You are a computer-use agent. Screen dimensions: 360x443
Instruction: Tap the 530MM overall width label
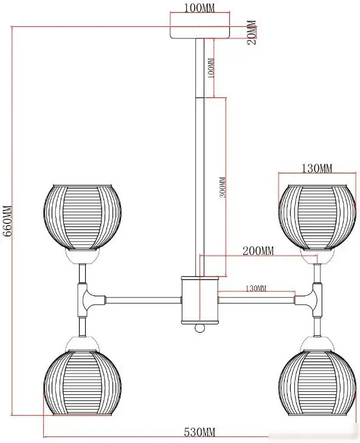[199, 432]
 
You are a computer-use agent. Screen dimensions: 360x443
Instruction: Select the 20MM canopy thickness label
[252, 33]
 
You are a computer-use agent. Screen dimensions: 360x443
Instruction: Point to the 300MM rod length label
[223, 187]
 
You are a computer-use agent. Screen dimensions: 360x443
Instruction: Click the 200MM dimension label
[258, 251]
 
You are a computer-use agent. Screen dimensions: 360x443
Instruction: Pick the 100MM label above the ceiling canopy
[199, 8]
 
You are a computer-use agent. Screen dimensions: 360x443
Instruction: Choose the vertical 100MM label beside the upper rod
[210, 68]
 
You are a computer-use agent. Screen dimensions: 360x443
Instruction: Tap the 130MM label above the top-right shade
[317, 169]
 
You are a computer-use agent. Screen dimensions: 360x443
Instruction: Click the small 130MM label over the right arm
[256, 288]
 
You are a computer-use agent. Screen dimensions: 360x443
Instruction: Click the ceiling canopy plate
[200, 32]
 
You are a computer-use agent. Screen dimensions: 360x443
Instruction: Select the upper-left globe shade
[83, 217]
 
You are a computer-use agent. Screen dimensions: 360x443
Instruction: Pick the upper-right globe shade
[317, 217]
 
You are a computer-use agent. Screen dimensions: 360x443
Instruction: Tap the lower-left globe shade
[83, 383]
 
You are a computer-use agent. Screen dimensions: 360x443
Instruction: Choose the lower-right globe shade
[317, 383]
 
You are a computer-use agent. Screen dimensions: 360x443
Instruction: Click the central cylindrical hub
[199, 300]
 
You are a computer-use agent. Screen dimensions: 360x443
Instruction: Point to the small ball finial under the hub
[199, 328]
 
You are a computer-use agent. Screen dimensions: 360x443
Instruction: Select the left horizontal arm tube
[143, 300]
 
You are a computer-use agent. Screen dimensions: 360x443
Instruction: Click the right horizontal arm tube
[257, 300]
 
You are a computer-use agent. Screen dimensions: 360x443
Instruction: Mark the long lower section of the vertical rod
[199, 187]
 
